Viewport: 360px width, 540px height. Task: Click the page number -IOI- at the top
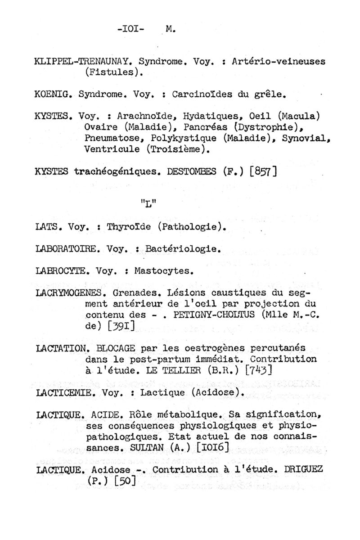coord(130,30)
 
